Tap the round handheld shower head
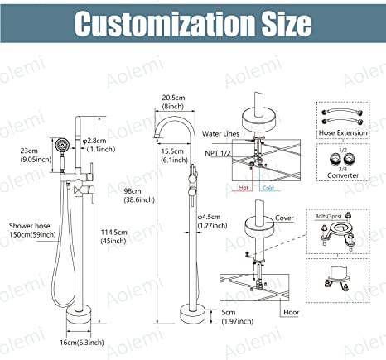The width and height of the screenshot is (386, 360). click(x=60, y=145)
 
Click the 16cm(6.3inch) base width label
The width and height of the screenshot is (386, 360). click(x=82, y=343)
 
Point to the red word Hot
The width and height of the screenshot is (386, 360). click(x=244, y=188)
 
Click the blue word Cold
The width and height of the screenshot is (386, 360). click(x=268, y=188)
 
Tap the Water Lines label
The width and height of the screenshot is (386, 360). click(x=220, y=134)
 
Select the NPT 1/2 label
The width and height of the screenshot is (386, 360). click(x=218, y=153)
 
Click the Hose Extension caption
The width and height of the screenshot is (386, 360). click(x=343, y=132)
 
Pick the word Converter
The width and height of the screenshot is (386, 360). click(x=343, y=175)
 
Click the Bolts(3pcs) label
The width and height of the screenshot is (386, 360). click(x=328, y=217)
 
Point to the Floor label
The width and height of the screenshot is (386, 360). click(x=292, y=312)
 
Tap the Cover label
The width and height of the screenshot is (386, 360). click(x=284, y=218)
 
